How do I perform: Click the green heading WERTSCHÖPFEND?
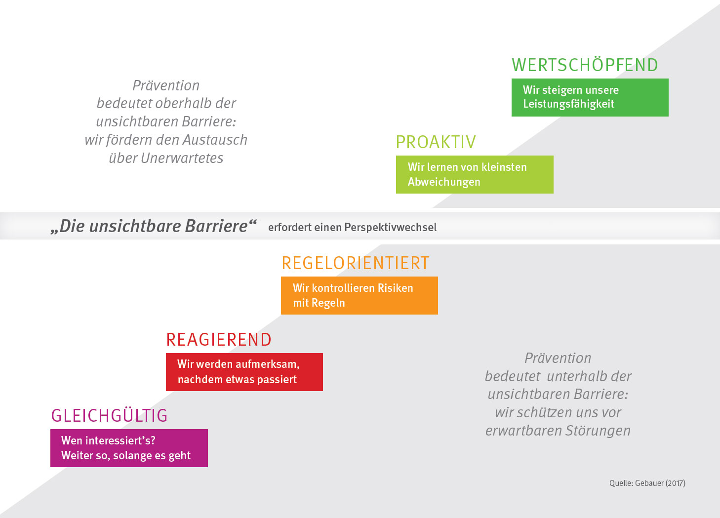click(585, 65)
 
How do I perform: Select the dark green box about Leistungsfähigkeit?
click(590, 97)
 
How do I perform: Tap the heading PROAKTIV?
click(436, 142)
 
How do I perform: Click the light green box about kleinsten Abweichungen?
click(474, 174)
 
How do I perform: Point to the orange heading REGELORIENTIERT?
click(356, 263)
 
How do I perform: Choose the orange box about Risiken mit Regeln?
click(359, 295)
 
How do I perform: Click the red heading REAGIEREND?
click(219, 340)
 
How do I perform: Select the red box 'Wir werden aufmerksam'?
click(244, 372)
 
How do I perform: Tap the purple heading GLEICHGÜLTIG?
click(110, 416)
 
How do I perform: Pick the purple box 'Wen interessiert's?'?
click(129, 448)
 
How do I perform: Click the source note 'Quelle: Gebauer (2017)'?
click(647, 483)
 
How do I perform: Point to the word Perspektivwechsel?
click(391, 227)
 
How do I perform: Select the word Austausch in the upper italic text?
click(215, 140)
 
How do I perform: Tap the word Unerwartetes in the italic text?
click(182, 158)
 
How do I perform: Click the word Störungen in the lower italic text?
click(598, 431)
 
